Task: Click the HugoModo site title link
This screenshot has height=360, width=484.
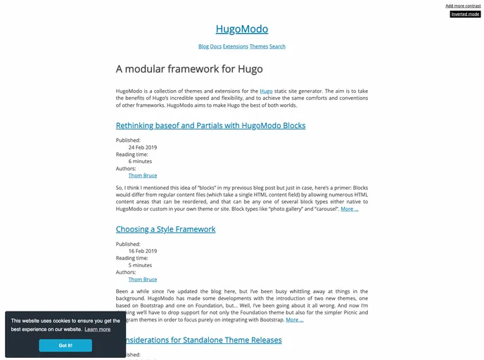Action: [241, 29]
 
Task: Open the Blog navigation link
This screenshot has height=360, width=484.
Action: [203, 46]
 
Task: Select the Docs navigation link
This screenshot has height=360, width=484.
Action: [215, 46]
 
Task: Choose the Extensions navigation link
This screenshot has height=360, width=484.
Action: [235, 46]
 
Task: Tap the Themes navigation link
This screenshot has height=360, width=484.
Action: [258, 46]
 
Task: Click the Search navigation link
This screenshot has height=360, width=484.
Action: [277, 46]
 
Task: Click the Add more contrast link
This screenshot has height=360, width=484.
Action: [463, 6]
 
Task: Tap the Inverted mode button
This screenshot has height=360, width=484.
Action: [465, 14]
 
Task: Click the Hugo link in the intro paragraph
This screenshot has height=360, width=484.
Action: [266, 91]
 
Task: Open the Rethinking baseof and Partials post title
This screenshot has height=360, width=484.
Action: [210, 126]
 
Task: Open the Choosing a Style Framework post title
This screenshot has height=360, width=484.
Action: [165, 229]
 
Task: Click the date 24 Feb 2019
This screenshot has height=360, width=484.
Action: [142, 148]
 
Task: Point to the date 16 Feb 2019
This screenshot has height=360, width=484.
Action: [142, 251]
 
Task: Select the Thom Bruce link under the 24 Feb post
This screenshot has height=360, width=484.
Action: [142, 176]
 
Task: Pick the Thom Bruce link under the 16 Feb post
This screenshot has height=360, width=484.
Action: [142, 279]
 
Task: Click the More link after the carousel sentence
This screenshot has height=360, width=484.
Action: [349, 209]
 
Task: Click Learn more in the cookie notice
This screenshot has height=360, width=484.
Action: [97, 329]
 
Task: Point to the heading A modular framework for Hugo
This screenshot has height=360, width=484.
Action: [189, 69]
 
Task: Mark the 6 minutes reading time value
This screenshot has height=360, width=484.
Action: [140, 162]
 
